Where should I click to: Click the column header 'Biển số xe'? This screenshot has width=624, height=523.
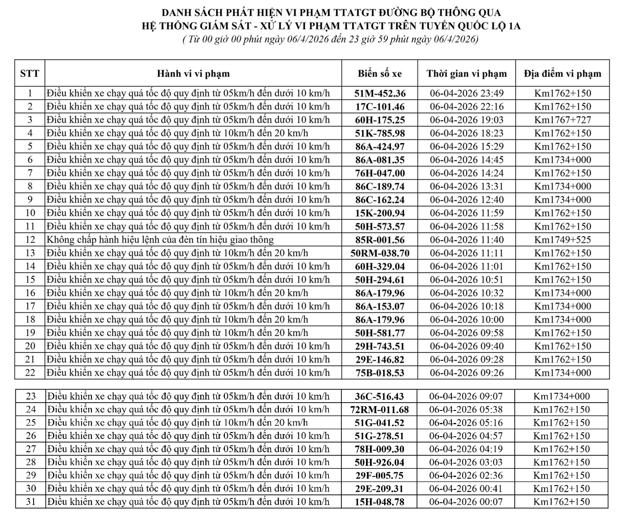pyautogui.click(x=380, y=73)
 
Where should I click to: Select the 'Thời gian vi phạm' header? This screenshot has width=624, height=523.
pyautogui.click(x=466, y=73)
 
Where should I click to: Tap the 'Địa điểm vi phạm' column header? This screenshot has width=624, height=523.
pyautogui.click(x=562, y=73)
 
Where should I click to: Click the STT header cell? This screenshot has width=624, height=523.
pyautogui.click(x=30, y=73)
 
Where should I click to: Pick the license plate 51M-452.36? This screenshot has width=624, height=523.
pyautogui.click(x=380, y=94)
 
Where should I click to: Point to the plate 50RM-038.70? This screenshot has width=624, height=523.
pyautogui.click(x=380, y=253)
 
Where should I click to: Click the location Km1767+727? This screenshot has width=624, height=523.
pyautogui.click(x=562, y=120)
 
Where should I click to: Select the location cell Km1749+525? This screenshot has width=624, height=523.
pyautogui.click(x=562, y=240)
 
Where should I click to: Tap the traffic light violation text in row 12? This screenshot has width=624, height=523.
pyautogui.click(x=160, y=240)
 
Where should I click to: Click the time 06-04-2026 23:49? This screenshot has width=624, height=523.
pyautogui.click(x=466, y=94)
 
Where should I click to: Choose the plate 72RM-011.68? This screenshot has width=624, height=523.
pyautogui.click(x=379, y=410)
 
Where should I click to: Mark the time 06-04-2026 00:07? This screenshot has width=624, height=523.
pyautogui.click(x=466, y=502)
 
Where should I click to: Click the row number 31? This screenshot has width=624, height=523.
pyautogui.click(x=31, y=502)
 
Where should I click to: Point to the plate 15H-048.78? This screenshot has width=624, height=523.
pyautogui.click(x=379, y=502)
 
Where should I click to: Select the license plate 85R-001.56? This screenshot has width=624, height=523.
pyautogui.click(x=380, y=240)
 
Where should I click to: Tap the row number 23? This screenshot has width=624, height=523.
pyautogui.click(x=31, y=396)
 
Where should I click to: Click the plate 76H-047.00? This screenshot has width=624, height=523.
pyautogui.click(x=380, y=173)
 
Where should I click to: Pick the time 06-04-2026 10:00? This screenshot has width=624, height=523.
pyautogui.click(x=466, y=320)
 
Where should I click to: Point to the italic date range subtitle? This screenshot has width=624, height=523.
pyautogui.click(x=331, y=39)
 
